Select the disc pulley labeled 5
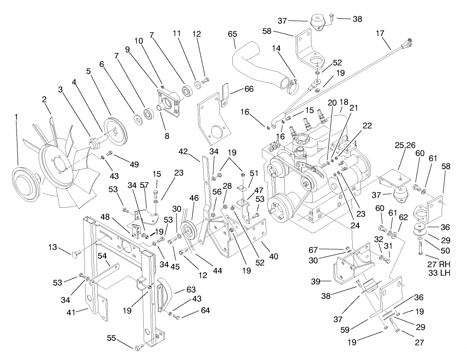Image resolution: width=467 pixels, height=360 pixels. tap(115, 129)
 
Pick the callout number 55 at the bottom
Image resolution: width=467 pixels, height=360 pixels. tap(111, 339)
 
